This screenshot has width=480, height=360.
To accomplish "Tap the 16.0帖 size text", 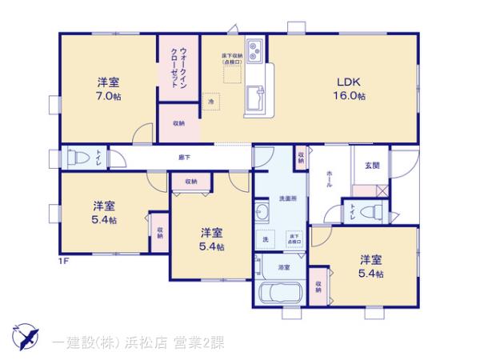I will coord(350,96).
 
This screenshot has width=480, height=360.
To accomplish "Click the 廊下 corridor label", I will coord(183,158).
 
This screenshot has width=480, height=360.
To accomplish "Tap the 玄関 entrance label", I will coord(372,166).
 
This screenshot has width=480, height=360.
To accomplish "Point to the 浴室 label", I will coord(283,267).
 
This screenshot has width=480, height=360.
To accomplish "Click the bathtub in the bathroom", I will coord(278,293).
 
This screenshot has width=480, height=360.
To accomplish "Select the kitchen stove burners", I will coord(254,54).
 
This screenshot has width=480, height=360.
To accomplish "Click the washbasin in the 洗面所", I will coord(263,213).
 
